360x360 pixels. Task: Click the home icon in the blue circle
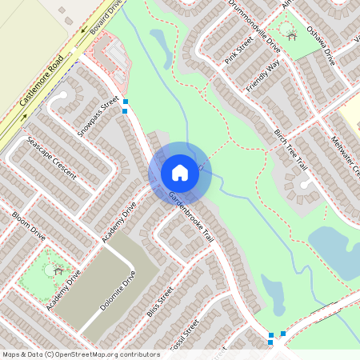coord(180,173)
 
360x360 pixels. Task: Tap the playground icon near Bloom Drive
coord(58,270)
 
